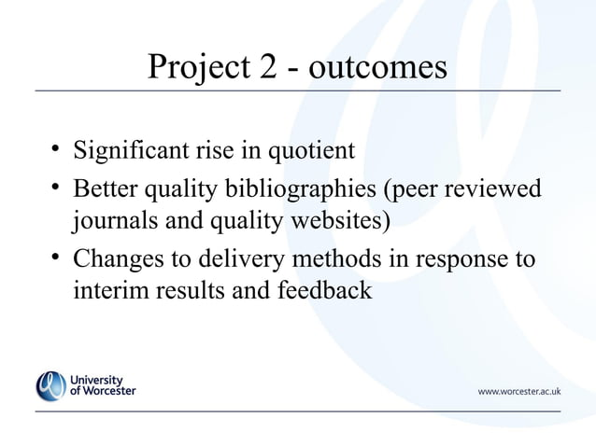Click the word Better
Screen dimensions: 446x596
pyautogui.click(x=106, y=188)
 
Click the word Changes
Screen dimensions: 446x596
pyautogui.click(x=117, y=258)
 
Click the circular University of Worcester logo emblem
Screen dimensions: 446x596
pyautogui.click(x=51, y=385)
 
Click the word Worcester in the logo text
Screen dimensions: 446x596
pyautogui.click(x=109, y=391)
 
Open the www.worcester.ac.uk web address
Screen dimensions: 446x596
pyautogui.click(x=518, y=391)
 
